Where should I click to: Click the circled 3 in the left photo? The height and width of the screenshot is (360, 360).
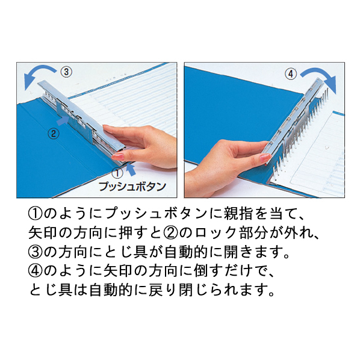click(x=66, y=72)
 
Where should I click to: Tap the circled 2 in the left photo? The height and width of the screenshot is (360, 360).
click(x=54, y=134)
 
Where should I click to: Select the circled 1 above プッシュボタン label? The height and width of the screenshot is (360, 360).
click(x=117, y=173)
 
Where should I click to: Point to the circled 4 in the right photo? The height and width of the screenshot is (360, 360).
click(x=291, y=74)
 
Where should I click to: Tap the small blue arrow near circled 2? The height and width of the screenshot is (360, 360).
click(x=63, y=121)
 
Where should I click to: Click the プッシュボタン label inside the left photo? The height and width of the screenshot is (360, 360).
click(x=132, y=187)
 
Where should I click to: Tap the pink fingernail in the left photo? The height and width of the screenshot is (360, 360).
click(x=118, y=157)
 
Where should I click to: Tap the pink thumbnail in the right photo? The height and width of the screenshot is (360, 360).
click(x=265, y=158)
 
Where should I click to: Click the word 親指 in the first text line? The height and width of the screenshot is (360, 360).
click(x=238, y=214)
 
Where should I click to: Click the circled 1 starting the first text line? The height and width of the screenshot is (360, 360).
click(x=35, y=214)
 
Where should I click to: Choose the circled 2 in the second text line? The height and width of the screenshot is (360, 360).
click(x=171, y=233)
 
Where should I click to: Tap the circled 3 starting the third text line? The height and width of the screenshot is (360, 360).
click(x=35, y=252)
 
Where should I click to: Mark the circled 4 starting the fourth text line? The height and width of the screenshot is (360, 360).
click(x=35, y=271)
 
